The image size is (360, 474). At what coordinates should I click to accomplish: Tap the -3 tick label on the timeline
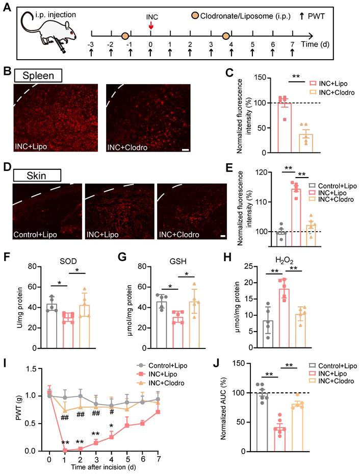tap(90, 44)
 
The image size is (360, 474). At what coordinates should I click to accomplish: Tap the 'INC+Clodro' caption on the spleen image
tap(126, 147)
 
